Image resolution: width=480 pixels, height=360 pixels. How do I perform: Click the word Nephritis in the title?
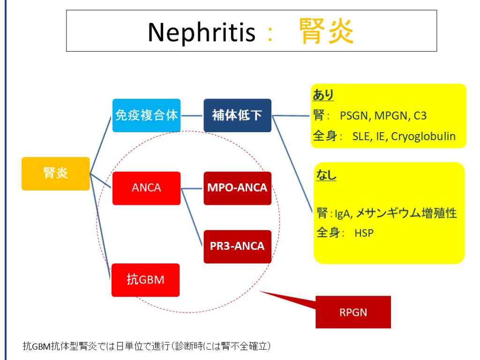click(x=202, y=32)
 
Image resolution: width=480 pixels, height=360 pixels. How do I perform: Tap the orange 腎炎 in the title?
click(x=326, y=32)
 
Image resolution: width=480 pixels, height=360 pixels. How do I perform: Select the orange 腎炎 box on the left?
click(x=55, y=173)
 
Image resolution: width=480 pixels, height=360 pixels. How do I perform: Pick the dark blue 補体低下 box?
click(x=237, y=115)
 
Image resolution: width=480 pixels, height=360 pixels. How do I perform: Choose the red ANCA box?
click(x=146, y=188)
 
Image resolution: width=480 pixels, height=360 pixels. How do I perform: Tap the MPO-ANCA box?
click(x=237, y=188)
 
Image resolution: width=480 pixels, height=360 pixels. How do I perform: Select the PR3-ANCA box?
click(x=237, y=246)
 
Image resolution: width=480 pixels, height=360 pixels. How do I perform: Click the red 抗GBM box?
click(x=145, y=280)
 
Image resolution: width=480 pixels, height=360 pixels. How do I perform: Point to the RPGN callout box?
click(x=353, y=312)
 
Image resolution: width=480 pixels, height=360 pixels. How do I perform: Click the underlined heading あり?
click(x=323, y=95)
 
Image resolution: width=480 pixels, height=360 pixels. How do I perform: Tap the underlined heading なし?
click(x=326, y=175)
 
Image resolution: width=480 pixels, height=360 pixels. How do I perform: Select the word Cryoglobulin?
click(x=423, y=136)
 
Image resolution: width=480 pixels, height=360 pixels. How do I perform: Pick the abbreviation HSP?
click(x=364, y=232)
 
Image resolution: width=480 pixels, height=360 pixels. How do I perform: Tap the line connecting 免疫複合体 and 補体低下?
click(x=192, y=115)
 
